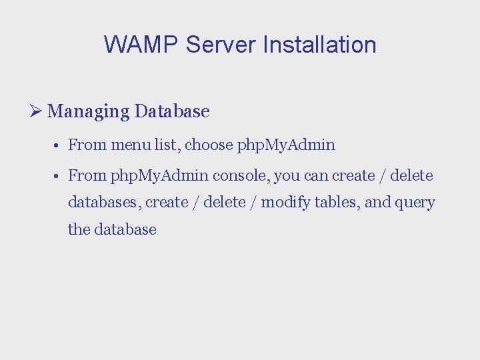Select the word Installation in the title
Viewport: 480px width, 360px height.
(x=319, y=45)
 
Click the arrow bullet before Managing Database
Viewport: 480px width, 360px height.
(x=37, y=111)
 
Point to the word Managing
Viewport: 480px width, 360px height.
(x=89, y=111)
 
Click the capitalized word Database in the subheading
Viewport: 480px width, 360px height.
(x=172, y=111)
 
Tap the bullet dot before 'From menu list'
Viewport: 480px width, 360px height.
(x=59, y=145)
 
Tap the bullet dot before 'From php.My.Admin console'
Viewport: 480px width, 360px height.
(x=59, y=176)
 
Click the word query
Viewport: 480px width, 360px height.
(x=416, y=203)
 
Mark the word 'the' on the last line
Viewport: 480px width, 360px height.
(x=79, y=229)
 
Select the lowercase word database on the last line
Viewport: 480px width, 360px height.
(x=125, y=229)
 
